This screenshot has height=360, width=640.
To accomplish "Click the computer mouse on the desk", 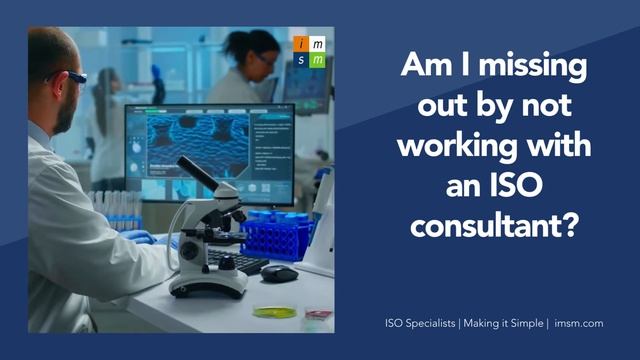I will pyautogui.click(x=279, y=272).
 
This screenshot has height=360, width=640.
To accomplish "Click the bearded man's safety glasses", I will pyautogui.click(x=72, y=75).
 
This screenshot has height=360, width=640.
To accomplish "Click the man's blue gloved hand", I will pyautogui.click(x=141, y=237).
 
